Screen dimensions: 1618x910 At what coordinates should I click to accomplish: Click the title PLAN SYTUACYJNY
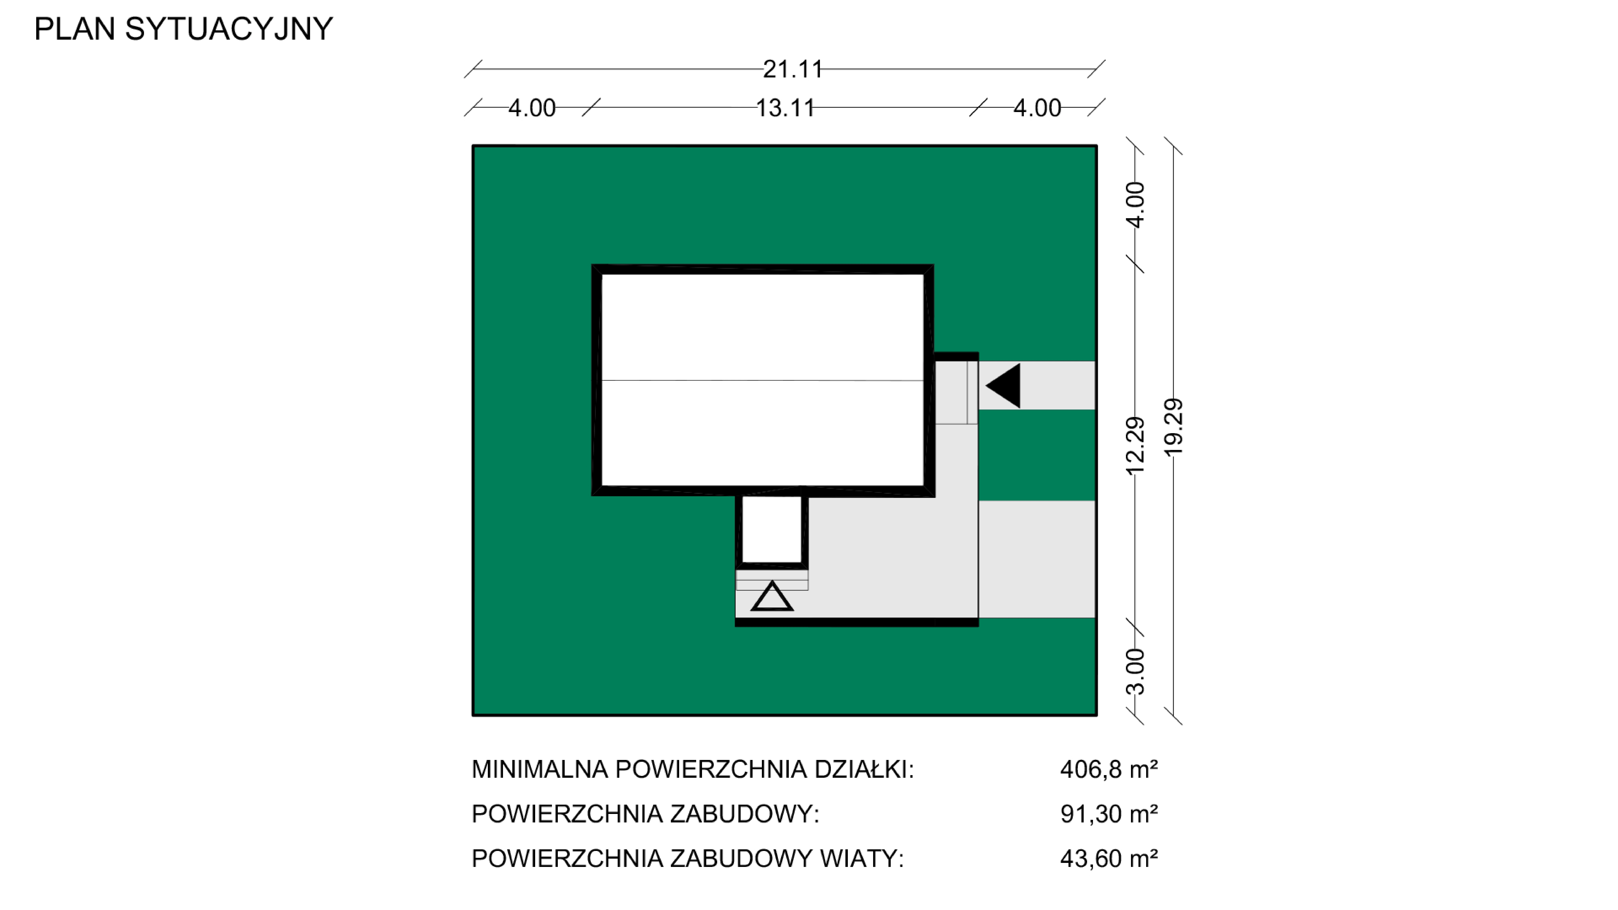183,29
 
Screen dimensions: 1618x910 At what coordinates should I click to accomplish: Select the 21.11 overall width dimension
793,69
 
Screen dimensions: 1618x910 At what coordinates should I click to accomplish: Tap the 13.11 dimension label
785,108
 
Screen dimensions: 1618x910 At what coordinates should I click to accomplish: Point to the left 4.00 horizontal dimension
532,108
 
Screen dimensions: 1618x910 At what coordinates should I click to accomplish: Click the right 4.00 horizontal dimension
1037,108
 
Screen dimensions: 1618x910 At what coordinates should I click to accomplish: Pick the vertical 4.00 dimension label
1136,205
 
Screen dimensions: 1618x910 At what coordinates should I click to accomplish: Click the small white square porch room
772,529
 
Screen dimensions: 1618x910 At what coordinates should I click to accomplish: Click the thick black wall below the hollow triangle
857,622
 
